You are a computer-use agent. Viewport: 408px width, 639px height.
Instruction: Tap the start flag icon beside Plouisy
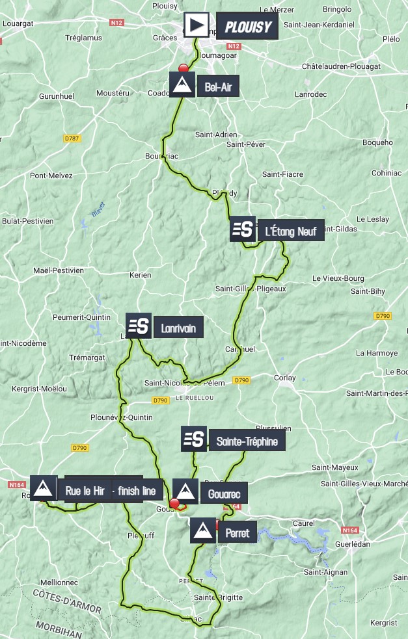pyautogui.click(x=197, y=26)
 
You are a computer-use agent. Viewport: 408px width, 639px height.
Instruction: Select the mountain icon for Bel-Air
pyautogui.click(x=182, y=85)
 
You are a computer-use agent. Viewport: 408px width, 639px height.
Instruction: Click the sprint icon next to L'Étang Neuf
pyautogui.click(x=243, y=229)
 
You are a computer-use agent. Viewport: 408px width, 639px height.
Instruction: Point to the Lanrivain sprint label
pyautogui.click(x=178, y=328)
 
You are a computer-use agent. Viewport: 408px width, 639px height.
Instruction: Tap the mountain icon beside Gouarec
pyautogui.click(x=185, y=491)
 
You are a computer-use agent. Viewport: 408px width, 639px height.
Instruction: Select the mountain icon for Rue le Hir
pyautogui.click(x=44, y=490)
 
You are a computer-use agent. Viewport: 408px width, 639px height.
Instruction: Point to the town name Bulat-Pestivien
pyautogui.click(x=28, y=221)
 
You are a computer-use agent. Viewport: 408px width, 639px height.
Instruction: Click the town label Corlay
pyautogui.click(x=284, y=377)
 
